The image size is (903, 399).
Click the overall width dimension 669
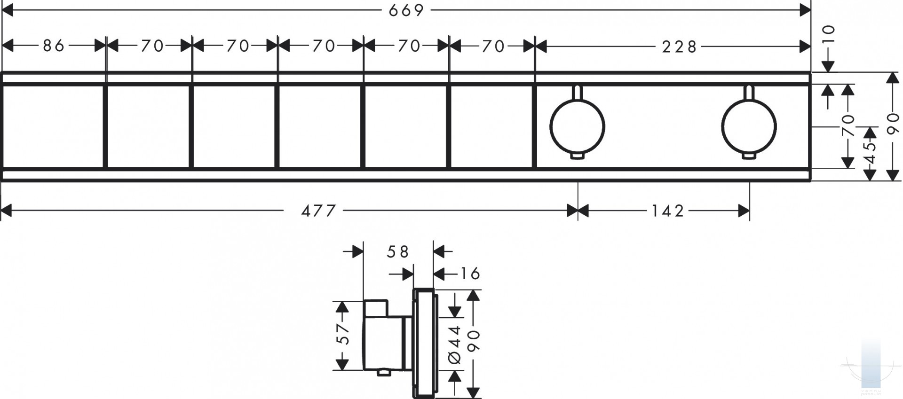(406, 10)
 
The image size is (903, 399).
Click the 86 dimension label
(54, 46)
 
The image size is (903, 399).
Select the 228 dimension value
(679, 47)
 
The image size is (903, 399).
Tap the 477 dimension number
(319, 211)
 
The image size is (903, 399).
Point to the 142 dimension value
(668, 211)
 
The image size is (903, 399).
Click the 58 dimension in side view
(398, 252)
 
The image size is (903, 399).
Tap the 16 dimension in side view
(469, 273)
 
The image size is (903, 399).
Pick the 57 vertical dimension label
(345, 334)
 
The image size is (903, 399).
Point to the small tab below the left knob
(577, 156)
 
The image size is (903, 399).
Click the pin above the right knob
(749, 93)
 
